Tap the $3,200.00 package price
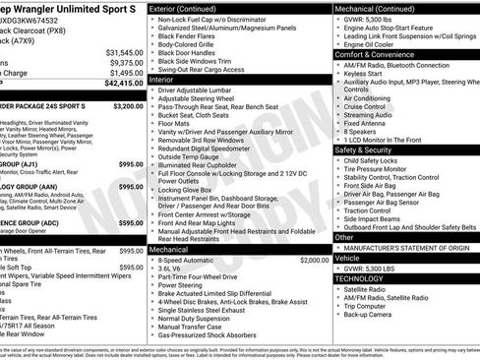(128, 105)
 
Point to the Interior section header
(167, 80)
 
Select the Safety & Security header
(369, 150)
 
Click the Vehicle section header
(348, 257)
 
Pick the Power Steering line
(185, 286)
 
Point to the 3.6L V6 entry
(173, 268)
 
